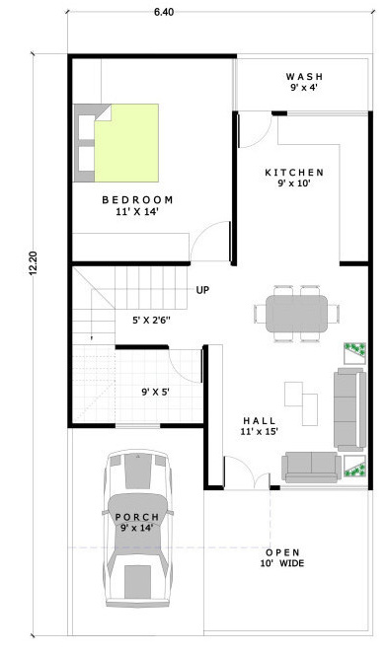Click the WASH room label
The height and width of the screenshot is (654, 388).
pos(305,76)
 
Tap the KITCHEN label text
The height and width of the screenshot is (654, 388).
pos(294,172)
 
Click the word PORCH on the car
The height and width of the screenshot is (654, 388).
pos(137,516)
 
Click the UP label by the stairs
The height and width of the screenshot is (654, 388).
pos(202,290)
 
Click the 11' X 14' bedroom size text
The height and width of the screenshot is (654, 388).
pos(137,211)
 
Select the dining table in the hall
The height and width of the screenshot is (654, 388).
pos(293,313)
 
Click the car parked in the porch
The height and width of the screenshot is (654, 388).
pos(137,533)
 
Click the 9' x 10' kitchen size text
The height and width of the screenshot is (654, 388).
pos(294,183)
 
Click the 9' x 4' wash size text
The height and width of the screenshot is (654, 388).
pos(305,89)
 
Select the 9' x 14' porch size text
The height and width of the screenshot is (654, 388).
pos(137,528)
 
